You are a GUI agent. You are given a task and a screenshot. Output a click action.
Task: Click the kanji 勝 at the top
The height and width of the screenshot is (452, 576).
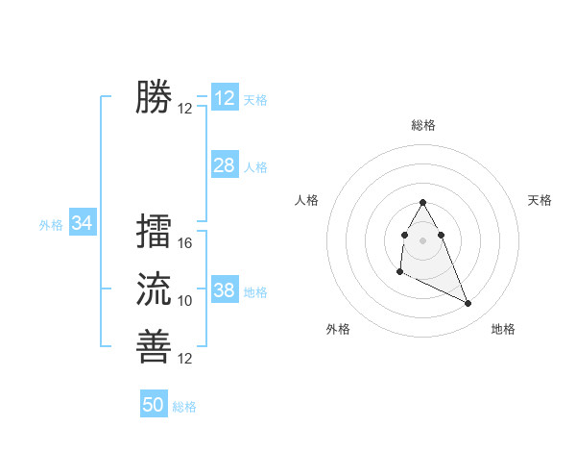tap(154, 97)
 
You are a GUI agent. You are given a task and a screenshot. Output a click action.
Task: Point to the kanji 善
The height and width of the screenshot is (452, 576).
tap(154, 345)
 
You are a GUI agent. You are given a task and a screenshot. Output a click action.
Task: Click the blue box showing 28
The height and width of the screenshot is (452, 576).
tap(224, 165)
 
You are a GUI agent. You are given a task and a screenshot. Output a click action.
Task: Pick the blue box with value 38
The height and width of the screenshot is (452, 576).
tap(224, 290)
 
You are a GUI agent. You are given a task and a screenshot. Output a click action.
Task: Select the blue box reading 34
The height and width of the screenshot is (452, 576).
tap(83, 223)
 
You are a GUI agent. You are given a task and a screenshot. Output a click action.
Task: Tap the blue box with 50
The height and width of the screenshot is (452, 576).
tap(154, 405)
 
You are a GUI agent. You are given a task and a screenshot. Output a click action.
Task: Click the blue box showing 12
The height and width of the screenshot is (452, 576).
tap(224, 98)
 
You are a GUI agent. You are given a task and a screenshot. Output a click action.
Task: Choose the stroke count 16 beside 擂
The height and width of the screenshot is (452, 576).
tap(185, 243)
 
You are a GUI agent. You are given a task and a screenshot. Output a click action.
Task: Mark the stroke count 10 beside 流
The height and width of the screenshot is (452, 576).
tap(185, 301)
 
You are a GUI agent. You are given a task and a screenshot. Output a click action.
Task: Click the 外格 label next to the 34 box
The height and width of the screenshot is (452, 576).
tap(51, 225)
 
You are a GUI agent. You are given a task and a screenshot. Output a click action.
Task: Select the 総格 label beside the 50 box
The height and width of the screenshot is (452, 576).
tap(184, 407)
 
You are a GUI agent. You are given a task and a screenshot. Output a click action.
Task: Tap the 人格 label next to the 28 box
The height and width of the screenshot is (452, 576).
tap(255, 167)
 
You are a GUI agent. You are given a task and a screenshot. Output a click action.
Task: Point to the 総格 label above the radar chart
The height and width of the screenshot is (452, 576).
tap(423, 125)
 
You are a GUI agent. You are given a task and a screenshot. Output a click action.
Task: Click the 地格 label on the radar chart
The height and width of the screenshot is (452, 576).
tap(503, 329)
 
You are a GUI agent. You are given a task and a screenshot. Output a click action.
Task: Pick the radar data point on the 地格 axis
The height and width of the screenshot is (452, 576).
tap(468, 304)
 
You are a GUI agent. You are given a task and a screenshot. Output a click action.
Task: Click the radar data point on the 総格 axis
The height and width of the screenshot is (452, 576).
tap(422, 203)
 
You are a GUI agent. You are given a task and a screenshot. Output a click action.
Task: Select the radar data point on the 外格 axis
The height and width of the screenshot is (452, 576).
tap(399, 272)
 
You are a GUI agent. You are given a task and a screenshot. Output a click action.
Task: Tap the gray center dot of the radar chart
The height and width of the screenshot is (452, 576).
tap(422, 239)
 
